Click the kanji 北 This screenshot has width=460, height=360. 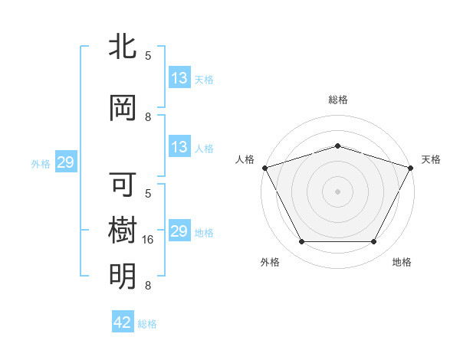pos(123,46)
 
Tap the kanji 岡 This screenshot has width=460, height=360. pos(123,108)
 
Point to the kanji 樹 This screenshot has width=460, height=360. pos(123,231)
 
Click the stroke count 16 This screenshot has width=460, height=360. pos(149,240)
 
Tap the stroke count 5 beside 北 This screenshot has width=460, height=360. pos(148,55)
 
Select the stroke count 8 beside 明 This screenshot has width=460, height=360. pos(148,286)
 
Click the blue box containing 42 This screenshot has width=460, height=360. pos(122,322)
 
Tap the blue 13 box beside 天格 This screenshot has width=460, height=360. pos(179,78)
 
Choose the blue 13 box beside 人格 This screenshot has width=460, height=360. pos(179,147)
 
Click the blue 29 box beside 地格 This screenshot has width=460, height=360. pos(179,231)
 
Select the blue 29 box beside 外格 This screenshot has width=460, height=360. pos(65,162)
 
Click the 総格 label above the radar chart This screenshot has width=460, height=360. pos(338,100)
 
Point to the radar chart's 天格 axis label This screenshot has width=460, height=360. pos(432,159)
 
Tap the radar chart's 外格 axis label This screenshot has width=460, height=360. pos(270,262)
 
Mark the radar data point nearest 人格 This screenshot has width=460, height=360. pos(264,168)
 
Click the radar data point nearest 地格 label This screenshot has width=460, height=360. pos(374,242)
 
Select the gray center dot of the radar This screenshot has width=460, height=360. pos(338,191)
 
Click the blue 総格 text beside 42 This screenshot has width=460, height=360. pos(147,324)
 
